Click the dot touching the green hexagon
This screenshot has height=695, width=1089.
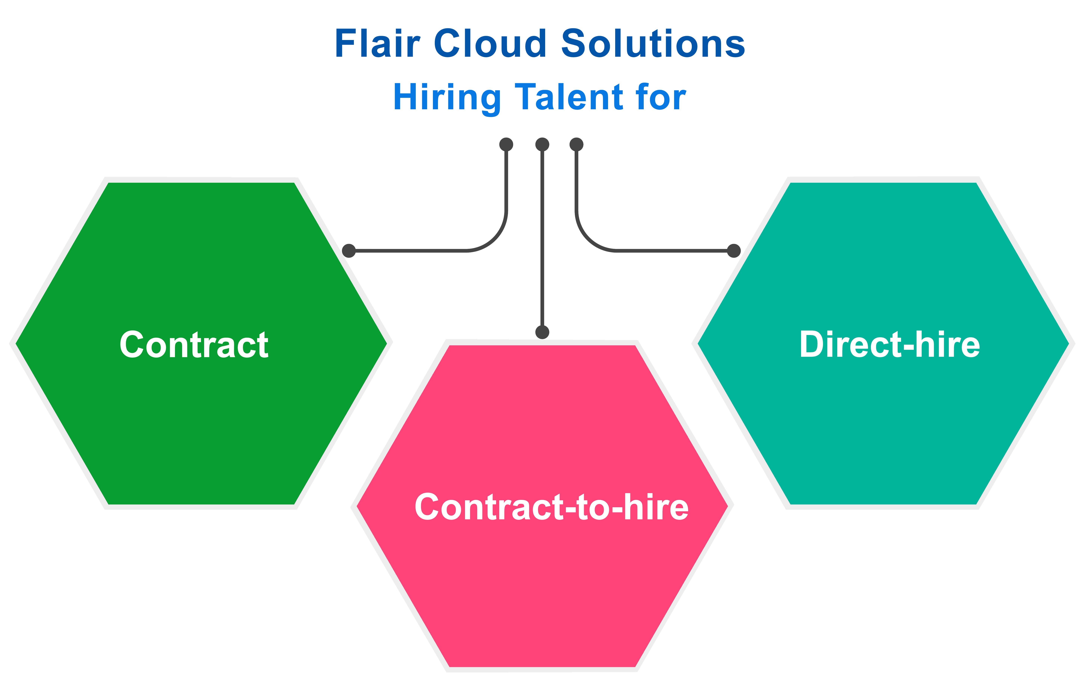tap(349, 251)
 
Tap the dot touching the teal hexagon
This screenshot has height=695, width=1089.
tap(733, 251)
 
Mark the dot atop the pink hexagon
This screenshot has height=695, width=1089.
tap(542, 332)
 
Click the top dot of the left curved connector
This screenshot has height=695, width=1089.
tap(506, 144)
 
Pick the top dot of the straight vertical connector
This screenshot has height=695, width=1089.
tap(542, 144)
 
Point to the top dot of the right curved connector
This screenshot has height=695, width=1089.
tap(576, 144)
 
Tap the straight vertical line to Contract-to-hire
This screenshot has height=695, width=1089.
tap(542, 240)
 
